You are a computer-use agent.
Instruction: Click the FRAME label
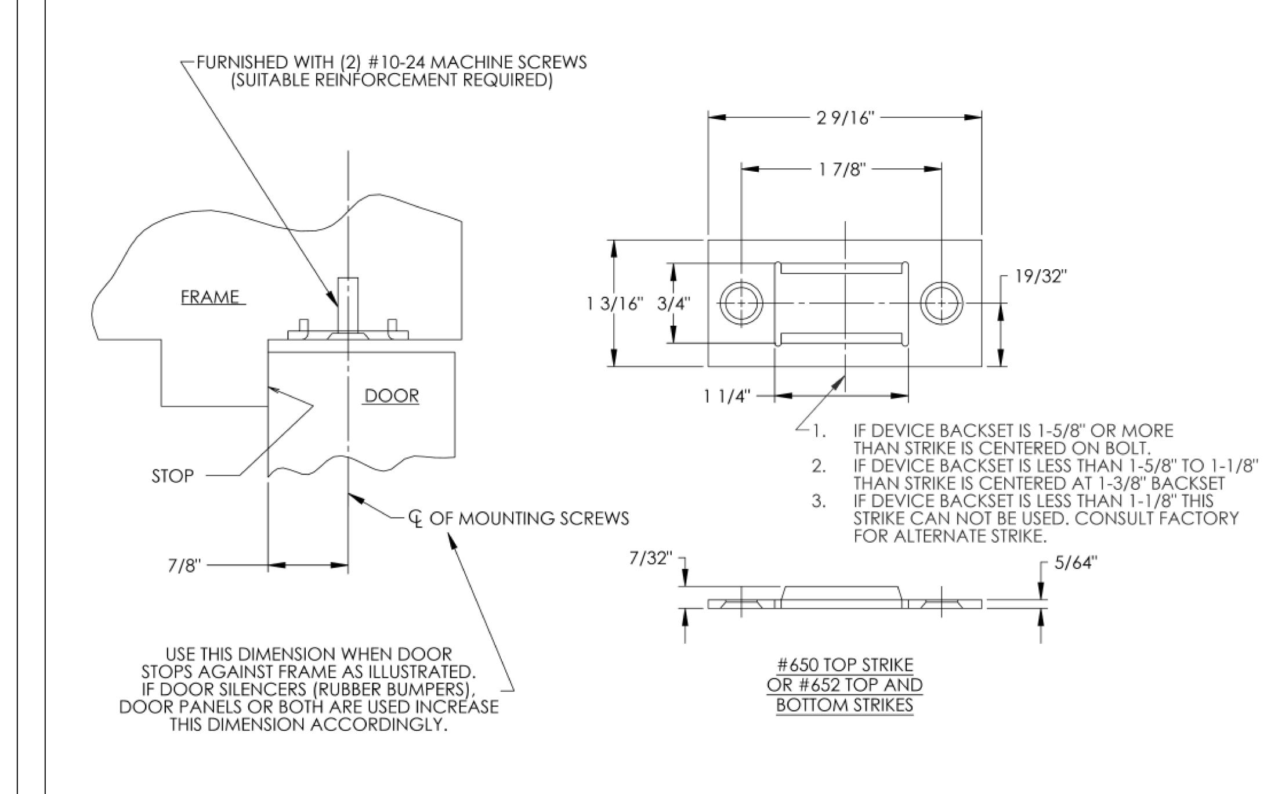210,297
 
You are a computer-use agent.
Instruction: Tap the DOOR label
392,396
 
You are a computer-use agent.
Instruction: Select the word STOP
172,476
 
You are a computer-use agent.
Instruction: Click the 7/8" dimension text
184,565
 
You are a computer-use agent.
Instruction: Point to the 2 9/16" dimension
845,118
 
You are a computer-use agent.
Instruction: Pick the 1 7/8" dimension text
842,169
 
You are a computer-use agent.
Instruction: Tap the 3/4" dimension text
674,304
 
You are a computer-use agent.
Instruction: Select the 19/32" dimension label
1041,276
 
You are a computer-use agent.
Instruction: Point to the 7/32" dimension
651,559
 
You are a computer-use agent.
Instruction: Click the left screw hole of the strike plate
741,304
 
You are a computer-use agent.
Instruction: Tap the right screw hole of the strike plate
941,304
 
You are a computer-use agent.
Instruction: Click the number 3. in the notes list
819,501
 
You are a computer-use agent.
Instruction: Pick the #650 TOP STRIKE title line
845,665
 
